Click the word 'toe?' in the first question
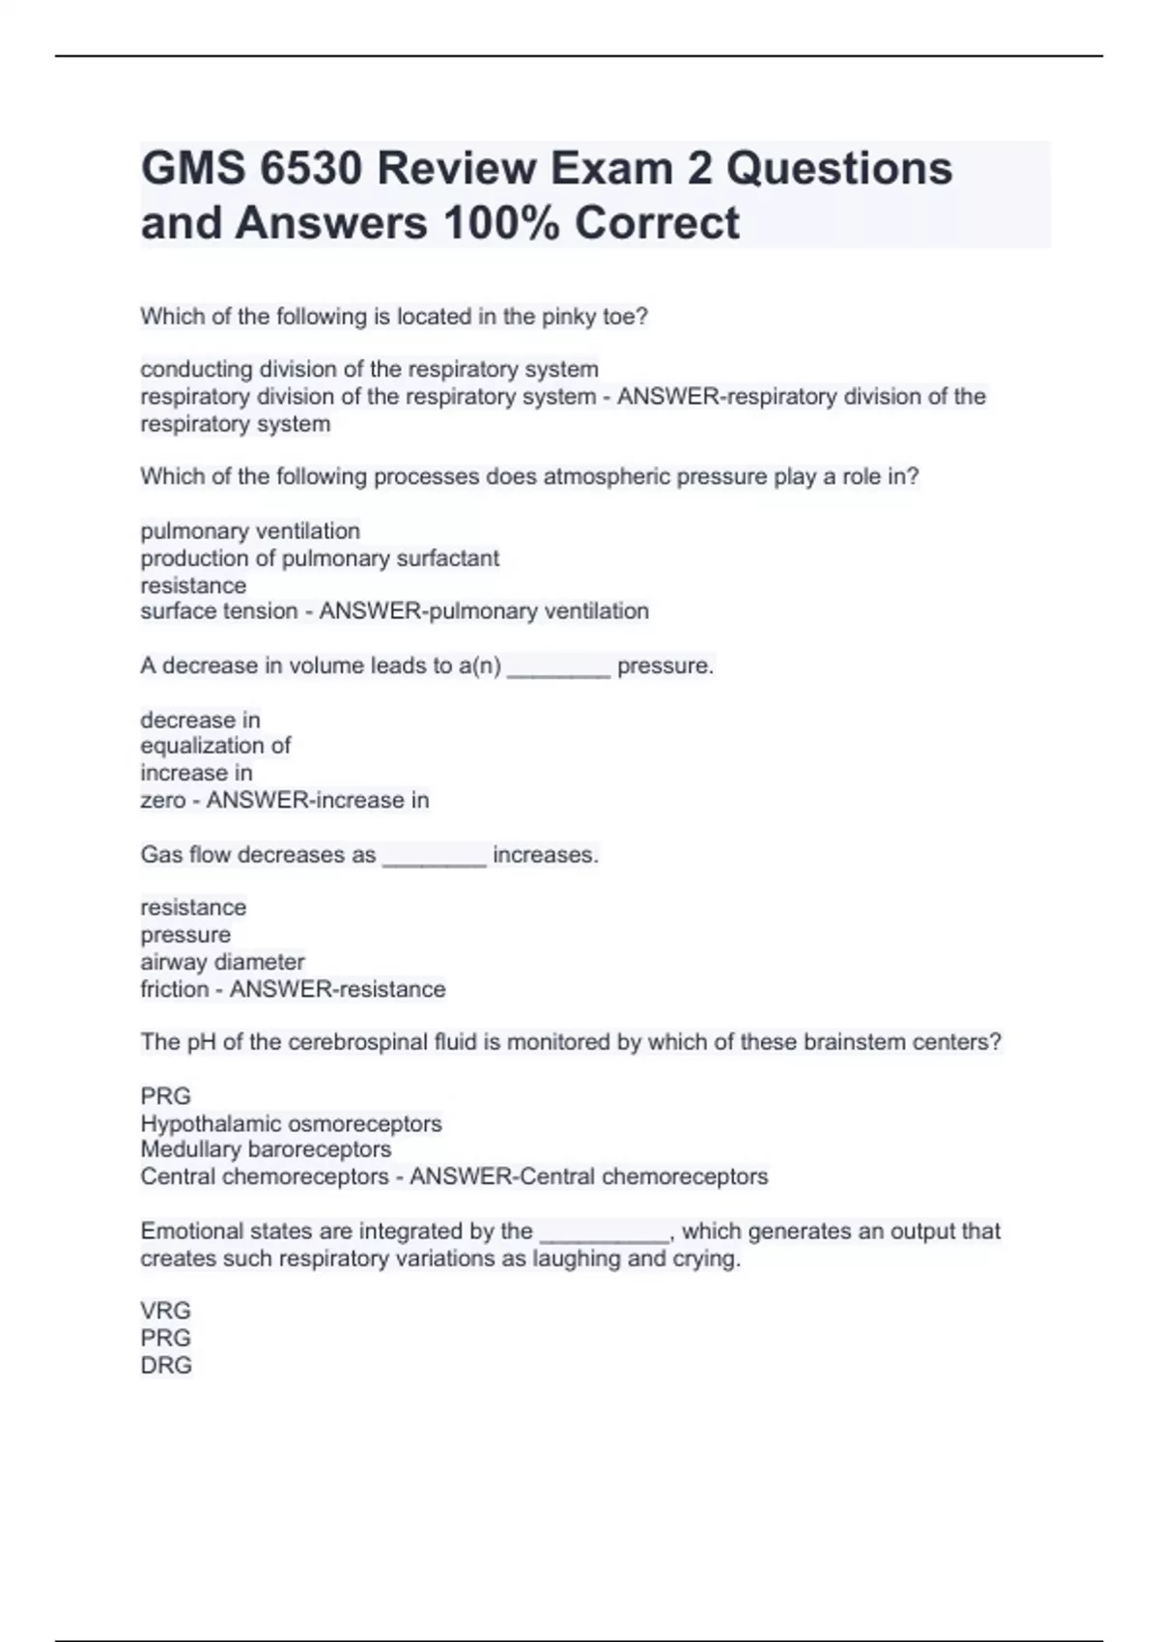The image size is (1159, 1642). click(x=625, y=317)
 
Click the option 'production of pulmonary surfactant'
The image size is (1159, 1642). click(x=320, y=558)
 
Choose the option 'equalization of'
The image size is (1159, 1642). click(x=215, y=746)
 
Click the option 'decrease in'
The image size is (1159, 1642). click(x=200, y=720)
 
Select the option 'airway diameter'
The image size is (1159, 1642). click(x=222, y=962)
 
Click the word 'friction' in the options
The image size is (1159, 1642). click(x=174, y=989)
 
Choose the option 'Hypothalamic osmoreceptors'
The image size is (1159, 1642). click(x=291, y=1123)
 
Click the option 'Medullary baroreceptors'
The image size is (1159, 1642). click(x=266, y=1149)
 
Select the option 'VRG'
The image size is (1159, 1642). click(x=165, y=1311)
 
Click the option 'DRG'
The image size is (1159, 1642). click(x=165, y=1365)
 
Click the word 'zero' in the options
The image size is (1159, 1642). click(x=162, y=801)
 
